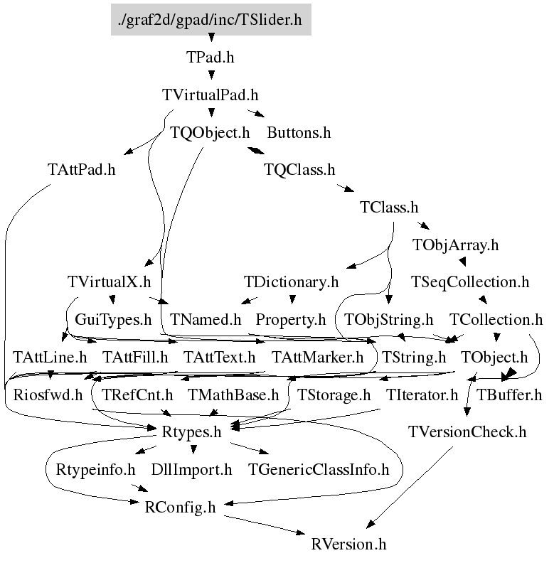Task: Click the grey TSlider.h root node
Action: point(211,19)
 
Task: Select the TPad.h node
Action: point(211,58)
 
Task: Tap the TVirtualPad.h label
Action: point(211,95)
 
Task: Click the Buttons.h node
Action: point(299,132)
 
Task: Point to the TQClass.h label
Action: point(299,170)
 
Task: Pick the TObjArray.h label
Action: point(455,245)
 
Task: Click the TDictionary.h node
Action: point(291,282)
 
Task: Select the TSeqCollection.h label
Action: point(470,282)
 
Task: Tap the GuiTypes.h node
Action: point(114,320)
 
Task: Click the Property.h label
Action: point(290,320)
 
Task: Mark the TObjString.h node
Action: point(388,320)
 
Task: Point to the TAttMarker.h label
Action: point(317,357)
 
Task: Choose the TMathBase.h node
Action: point(233,395)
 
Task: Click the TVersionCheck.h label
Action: point(467,432)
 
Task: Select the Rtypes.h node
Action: point(193,432)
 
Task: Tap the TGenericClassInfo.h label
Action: point(319,470)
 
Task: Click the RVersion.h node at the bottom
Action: point(348,545)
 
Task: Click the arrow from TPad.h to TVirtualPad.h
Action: point(211,76)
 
